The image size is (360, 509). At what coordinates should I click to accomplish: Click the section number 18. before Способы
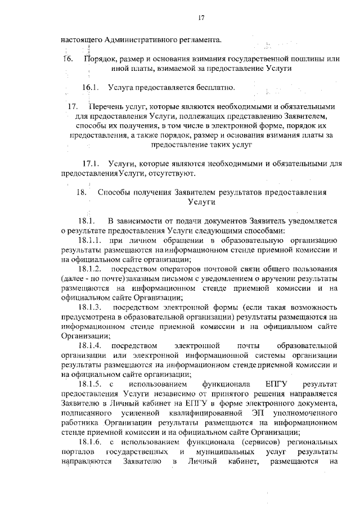pyautogui.click(x=80, y=192)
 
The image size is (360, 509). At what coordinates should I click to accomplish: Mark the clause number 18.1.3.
pyautogui.click(x=90, y=308)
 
